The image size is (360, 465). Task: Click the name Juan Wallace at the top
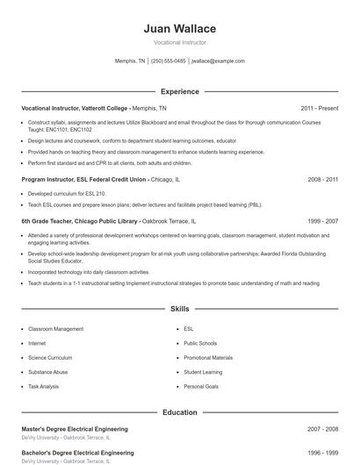point(179,29)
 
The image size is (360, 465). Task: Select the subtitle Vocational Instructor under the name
point(179,41)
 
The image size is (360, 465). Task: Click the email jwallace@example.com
point(218,61)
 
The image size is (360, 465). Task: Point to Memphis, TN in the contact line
point(131,61)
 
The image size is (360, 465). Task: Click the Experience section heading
point(179,91)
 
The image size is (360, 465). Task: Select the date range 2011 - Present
point(319,108)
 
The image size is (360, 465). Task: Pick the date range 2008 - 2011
point(323,179)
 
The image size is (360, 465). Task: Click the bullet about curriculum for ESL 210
point(67,193)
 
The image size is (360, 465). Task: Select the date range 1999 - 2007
point(323,222)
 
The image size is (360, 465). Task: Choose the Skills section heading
point(179,309)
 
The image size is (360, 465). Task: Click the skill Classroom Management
point(56,329)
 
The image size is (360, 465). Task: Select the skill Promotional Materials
point(208,358)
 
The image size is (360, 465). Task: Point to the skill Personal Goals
point(200,386)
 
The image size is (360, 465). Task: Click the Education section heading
point(179,411)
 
